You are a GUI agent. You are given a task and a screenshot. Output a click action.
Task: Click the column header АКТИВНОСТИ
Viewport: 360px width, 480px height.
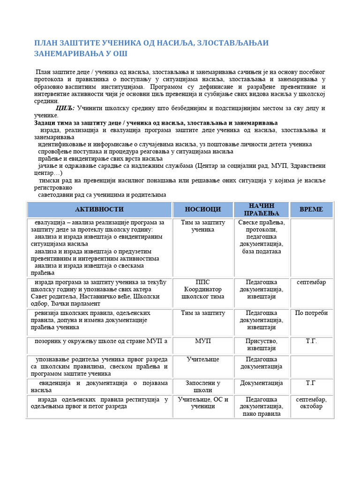click(99, 209)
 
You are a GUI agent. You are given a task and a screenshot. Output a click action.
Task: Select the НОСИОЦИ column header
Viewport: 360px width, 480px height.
click(202, 209)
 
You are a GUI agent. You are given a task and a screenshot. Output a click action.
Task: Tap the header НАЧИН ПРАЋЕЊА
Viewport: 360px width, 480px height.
click(262, 209)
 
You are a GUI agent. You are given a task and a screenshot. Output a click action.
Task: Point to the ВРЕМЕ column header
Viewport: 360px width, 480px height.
click(311, 209)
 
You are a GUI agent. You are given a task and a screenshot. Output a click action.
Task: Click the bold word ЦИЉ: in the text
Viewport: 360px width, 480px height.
click(65, 108)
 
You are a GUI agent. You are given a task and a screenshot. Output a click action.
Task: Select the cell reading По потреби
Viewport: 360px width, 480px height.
click(311, 313)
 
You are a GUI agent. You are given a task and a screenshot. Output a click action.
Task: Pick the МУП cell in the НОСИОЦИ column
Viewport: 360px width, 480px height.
click(202, 341)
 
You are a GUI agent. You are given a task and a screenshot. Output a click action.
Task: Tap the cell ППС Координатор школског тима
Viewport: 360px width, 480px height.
click(202, 289)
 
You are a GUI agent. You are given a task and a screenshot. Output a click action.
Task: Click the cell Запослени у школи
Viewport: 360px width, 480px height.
click(202, 386)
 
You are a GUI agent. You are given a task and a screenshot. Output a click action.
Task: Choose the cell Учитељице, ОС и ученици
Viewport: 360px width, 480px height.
click(202, 403)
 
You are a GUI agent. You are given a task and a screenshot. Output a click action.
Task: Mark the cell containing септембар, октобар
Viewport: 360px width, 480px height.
click(311, 403)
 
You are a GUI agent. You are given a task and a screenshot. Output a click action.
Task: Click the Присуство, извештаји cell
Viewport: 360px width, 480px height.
click(262, 345)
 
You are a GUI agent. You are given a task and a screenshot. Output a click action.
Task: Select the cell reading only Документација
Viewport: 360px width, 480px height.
click(262, 383)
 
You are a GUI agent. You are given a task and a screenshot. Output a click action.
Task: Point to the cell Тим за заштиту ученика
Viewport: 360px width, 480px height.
click(202, 226)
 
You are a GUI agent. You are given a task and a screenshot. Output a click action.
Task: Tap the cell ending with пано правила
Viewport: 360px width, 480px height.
click(262, 406)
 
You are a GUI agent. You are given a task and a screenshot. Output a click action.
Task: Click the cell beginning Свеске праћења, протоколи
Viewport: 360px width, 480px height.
click(262, 237)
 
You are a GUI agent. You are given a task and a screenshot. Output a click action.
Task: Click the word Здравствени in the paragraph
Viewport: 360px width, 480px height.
click(304, 166)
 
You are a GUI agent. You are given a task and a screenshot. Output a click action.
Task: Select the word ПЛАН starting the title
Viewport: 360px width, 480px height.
click(45, 43)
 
